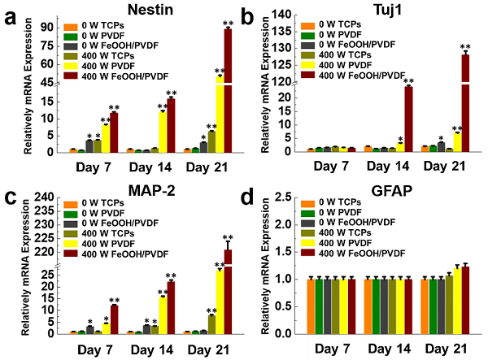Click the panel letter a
(x=10, y=16)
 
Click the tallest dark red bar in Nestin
(x=229, y=89)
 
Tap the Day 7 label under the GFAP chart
(x=326, y=347)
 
